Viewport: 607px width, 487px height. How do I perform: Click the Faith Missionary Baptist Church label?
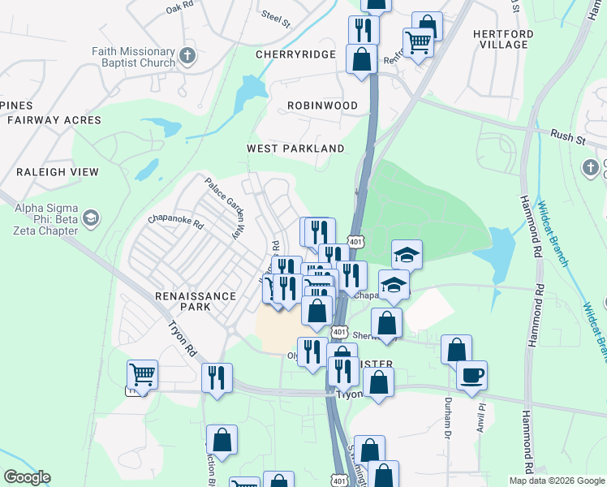[133, 57]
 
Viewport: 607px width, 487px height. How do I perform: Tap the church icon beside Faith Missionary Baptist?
[187, 56]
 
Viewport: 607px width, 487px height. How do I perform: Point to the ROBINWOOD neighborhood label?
[322, 106]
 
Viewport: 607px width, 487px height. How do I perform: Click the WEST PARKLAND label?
[295, 149]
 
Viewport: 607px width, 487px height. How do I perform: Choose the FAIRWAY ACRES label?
[54, 120]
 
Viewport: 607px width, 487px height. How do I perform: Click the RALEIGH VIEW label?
[57, 172]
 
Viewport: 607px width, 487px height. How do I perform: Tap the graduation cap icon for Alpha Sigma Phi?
[91, 218]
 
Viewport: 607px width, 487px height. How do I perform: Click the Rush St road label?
[567, 137]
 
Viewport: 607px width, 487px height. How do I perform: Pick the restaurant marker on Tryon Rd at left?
[217, 378]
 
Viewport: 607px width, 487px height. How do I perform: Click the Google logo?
[27, 477]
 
